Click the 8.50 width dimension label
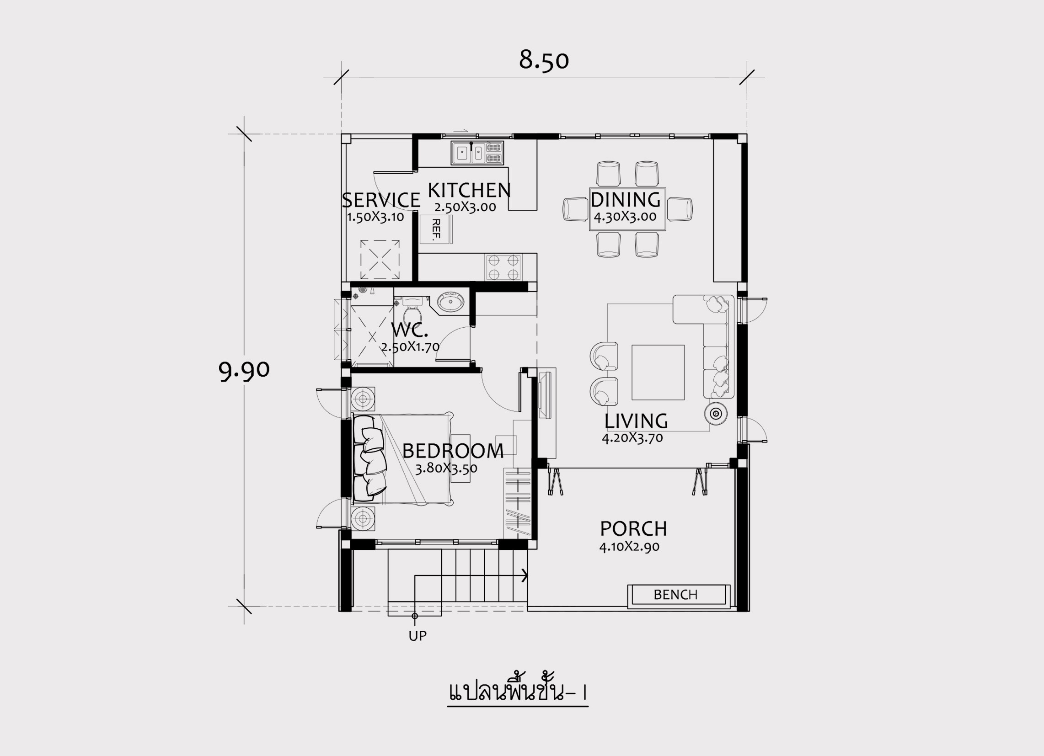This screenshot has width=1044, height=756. click(544, 60)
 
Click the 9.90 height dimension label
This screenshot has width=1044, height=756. click(244, 370)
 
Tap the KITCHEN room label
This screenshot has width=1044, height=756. click(469, 190)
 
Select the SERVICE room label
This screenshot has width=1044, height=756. click(381, 201)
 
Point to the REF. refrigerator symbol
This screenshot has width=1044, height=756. click(435, 229)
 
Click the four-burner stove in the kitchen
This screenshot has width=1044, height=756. click(503, 267)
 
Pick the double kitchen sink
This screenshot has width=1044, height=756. click(477, 153)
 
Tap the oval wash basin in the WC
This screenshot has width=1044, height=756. click(450, 303)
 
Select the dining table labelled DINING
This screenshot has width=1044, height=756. click(627, 209)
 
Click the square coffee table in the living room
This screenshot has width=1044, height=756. click(658, 372)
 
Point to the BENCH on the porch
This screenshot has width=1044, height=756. click(679, 595)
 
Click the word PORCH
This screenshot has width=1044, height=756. click(633, 529)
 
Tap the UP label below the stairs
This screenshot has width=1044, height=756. click(418, 636)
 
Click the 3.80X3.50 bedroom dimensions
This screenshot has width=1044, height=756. click(446, 469)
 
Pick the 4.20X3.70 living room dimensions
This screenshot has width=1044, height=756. click(632, 437)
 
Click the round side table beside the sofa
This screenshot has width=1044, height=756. click(716, 414)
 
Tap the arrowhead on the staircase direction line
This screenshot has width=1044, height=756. click(525, 575)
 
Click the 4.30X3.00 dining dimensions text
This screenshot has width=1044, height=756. click(625, 217)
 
